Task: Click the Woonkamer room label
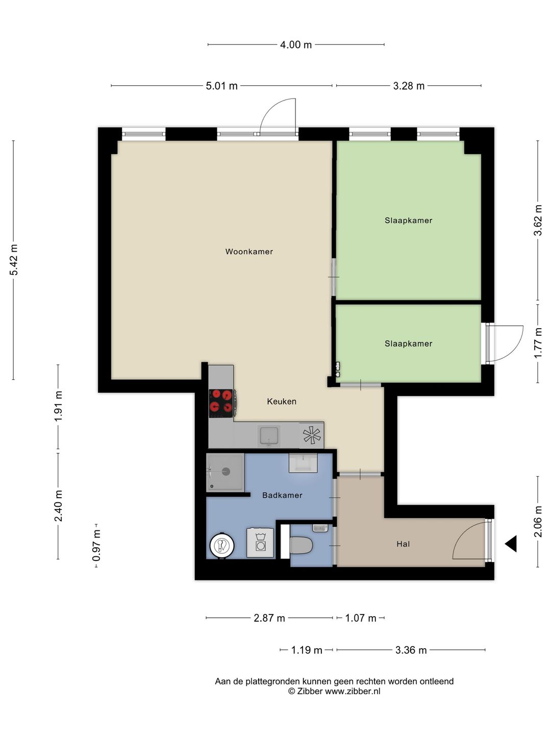[x=249, y=252]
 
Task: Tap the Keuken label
[x=282, y=401]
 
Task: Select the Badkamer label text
[x=282, y=495]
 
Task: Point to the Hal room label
[x=403, y=544]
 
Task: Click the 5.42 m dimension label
[x=14, y=260]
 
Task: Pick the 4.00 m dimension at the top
[x=296, y=44]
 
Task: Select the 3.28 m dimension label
[x=409, y=86]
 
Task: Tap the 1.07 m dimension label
[x=361, y=618]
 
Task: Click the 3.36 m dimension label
[x=411, y=650]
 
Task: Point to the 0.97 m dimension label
[x=96, y=546]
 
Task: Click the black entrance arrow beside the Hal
[x=511, y=544]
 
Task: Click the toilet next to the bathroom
[x=301, y=545]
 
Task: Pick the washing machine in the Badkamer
[x=260, y=543]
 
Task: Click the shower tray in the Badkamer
[x=225, y=472]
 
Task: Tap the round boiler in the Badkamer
[x=222, y=546]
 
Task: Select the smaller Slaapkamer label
[x=408, y=344]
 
